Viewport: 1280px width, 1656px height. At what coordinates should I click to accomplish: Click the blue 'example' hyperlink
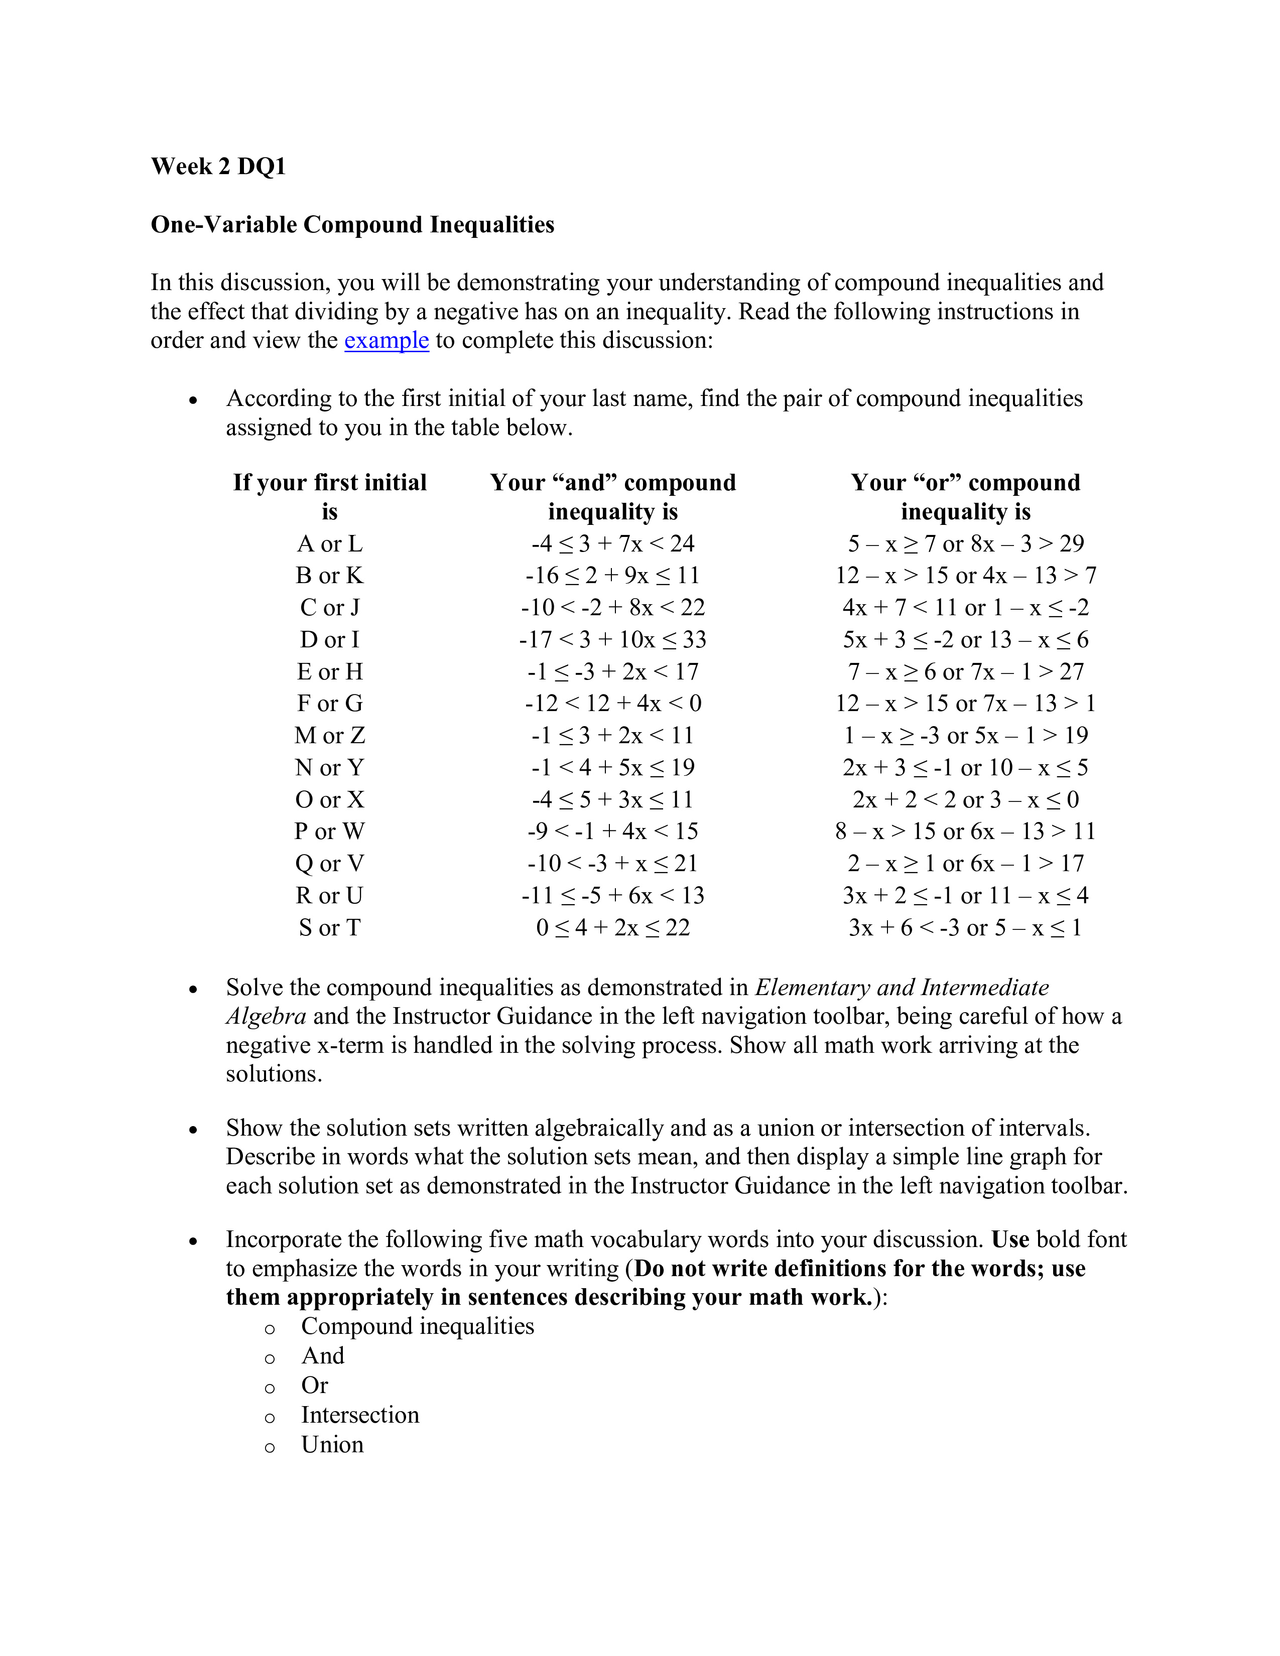(386, 340)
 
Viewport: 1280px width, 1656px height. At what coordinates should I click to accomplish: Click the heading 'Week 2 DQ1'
(218, 167)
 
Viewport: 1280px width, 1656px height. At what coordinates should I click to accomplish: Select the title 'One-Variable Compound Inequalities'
(352, 224)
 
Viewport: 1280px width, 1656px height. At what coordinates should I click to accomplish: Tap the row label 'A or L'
(330, 543)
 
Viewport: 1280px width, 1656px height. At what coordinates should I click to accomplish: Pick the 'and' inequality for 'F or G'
(613, 704)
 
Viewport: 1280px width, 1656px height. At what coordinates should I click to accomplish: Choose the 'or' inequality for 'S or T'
(965, 927)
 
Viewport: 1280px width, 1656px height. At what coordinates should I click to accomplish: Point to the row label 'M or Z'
(330, 736)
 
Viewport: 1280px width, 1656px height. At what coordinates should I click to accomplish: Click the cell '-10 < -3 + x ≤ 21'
(613, 864)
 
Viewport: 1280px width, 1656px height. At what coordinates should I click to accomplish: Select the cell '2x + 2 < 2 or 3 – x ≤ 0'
(965, 800)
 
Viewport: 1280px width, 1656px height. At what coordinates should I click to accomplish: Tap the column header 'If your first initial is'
(330, 497)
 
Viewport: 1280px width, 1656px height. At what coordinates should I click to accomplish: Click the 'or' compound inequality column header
(965, 497)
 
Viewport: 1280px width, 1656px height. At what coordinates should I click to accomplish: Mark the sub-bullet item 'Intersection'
(360, 1415)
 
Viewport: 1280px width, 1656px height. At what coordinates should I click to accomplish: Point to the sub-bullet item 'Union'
(332, 1444)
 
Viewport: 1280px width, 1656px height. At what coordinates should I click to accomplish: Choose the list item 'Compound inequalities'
(417, 1326)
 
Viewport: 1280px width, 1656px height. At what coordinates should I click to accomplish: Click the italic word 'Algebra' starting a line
(266, 1016)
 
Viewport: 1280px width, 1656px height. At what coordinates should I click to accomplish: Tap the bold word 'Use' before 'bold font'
(1010, 1239)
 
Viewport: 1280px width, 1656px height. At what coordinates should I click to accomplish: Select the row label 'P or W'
(330, 832)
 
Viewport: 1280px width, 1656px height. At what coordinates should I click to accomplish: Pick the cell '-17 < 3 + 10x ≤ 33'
(613, 640)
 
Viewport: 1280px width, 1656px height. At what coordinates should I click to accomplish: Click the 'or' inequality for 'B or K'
(965, 576)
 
